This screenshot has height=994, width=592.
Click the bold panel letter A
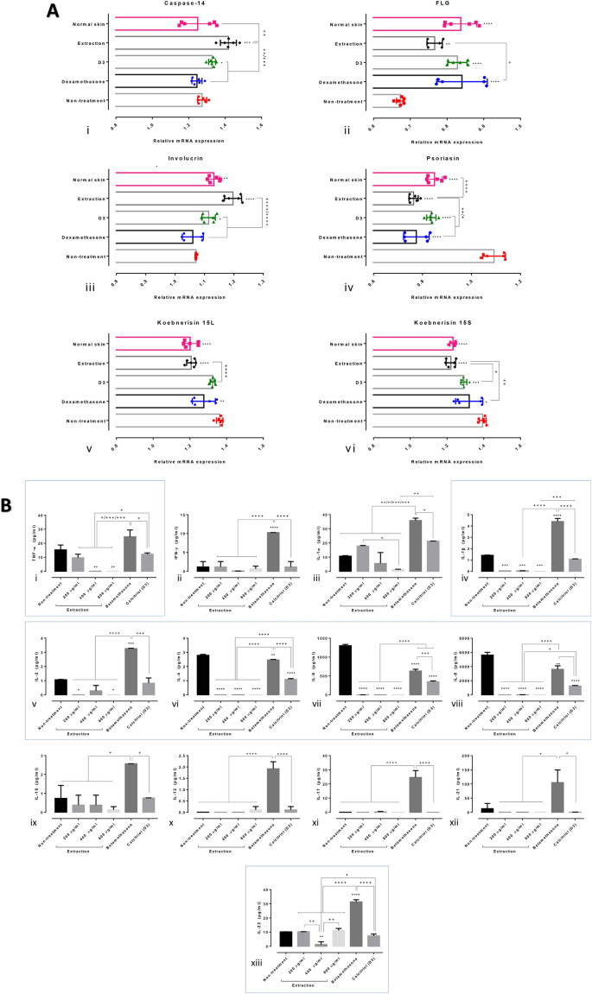54,11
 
